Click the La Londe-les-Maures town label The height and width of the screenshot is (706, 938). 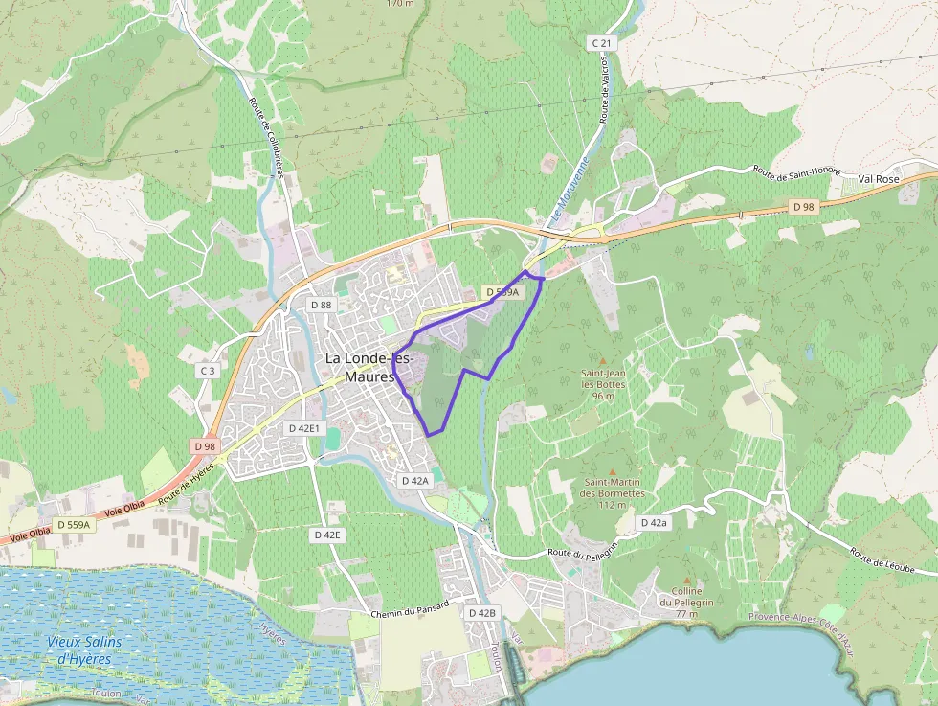[x=368, y=367]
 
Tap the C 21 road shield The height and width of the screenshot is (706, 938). [x=601, y=43]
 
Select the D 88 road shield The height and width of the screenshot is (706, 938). [x=322, y=305]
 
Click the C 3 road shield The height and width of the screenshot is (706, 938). [x=208, y=370]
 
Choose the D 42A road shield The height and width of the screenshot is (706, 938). [x=414, y=480]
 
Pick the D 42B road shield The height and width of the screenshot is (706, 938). [x=482, y=612]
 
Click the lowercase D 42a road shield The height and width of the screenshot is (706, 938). [x=654, y=522]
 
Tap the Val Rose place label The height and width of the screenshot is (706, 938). [x=879, y=179]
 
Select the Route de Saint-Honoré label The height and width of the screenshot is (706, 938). [x=796, y=171]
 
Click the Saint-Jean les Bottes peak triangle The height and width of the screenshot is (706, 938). [x=602, y=360]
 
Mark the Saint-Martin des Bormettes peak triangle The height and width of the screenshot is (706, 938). [x=611, y=470]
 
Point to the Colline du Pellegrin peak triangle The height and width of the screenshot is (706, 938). [x=686, y=579]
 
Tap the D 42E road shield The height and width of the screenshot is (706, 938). [x=326, y=535]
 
